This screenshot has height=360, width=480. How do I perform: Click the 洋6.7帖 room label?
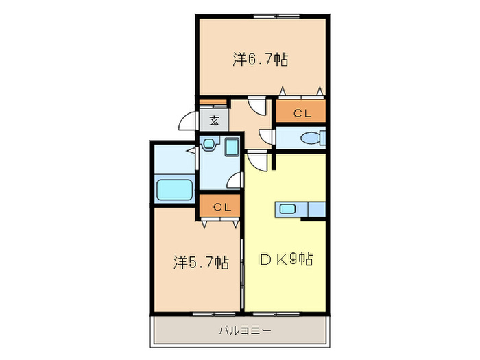coord(260,60)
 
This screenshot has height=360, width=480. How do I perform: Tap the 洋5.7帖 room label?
coord(200,262)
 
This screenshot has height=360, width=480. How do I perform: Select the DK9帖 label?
coord(287,260)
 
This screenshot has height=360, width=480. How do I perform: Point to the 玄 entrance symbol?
coord(214,121)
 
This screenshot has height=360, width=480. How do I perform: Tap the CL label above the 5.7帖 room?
coord(220,206)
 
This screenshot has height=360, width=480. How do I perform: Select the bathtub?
coord(174,189)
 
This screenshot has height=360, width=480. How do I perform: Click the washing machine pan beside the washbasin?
coord(231,146)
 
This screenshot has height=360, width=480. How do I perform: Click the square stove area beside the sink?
coord(317,209)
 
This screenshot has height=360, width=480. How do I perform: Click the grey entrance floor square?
coord(214,121)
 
